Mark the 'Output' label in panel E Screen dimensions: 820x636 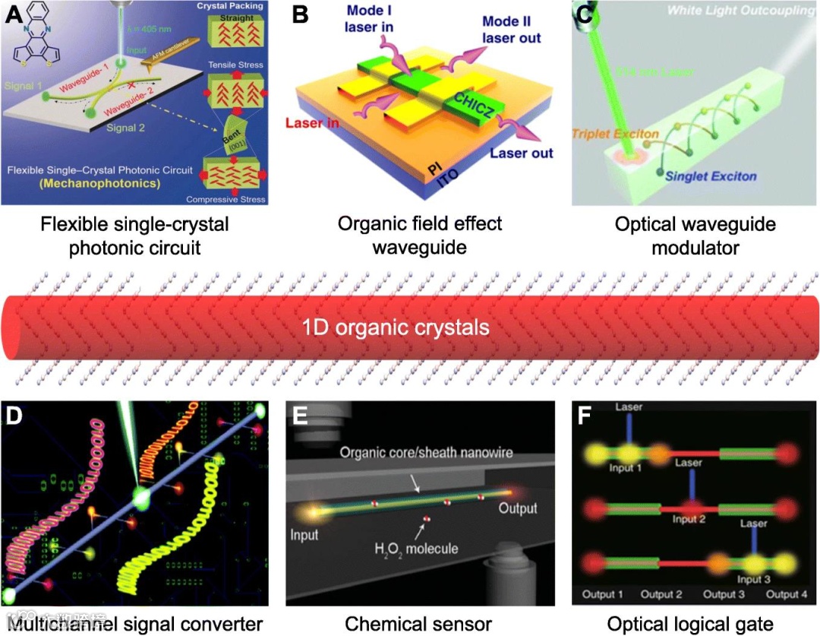pos(517,508)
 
